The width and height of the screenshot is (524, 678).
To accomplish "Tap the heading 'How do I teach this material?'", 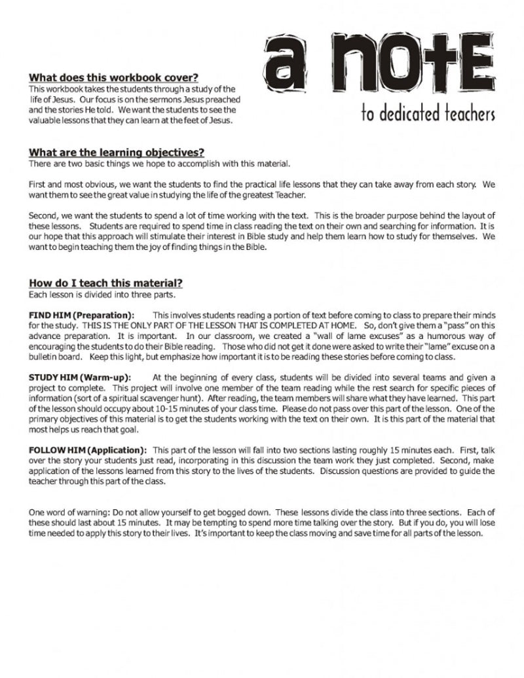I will point(105,283).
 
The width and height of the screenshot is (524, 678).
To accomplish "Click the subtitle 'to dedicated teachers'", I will point(428,114).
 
